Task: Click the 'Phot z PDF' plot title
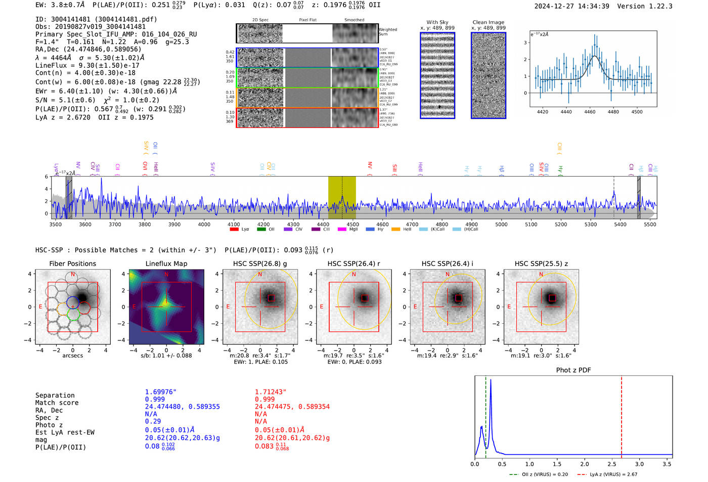(x=573, y=370)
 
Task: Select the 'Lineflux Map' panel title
(x=166, y=264)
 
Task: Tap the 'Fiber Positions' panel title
(x=72, y=264)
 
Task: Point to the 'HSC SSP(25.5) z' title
(x=541, y=264)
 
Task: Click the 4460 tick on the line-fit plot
(x=590, y=112)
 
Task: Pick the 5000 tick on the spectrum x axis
(x=501, y=224)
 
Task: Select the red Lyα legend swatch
(x=234, y=230)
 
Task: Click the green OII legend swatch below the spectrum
(x=261, y=230)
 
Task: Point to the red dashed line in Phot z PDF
(x=621, y=415)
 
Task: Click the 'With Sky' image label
(x=437, y=22)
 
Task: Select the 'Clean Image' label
(x=488, y=22)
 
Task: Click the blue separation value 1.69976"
(x=160, y=392)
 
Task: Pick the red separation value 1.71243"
(x=271, y=392)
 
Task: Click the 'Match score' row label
(x=57, y=403)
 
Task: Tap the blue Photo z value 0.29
(x=153, y=421)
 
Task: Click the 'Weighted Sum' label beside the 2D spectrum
(x=388, y=32)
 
